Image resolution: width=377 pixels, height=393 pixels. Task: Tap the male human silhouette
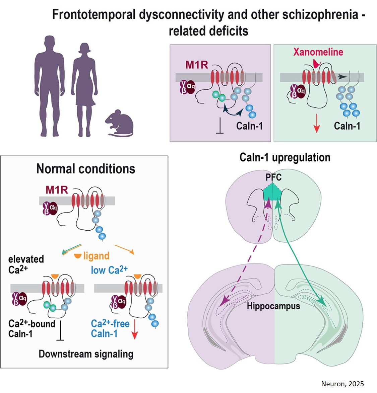(50, 84)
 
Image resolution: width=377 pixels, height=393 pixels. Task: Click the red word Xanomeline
(318, 52)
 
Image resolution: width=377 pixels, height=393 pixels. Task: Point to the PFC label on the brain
(273, 177)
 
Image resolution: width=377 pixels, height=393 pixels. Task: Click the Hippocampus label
(273, 306)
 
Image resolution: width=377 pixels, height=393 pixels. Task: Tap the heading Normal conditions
(86, 169)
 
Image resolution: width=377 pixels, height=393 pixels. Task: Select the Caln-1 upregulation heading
(285, 157)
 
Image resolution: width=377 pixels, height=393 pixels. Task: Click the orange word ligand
(96, 256)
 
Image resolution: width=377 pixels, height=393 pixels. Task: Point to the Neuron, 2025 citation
(342, 384)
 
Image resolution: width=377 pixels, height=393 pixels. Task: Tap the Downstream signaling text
(86, 354)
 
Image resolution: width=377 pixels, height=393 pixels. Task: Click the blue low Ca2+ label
(109, 270)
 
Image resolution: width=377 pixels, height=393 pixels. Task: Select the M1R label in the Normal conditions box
(57, 190)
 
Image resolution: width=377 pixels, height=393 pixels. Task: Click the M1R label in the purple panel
(197, 65)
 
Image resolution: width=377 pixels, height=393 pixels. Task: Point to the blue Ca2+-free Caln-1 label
(110, 328)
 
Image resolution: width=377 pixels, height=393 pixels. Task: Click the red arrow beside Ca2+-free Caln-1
(134, 329)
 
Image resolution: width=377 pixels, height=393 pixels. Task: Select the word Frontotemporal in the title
(94, 15)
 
